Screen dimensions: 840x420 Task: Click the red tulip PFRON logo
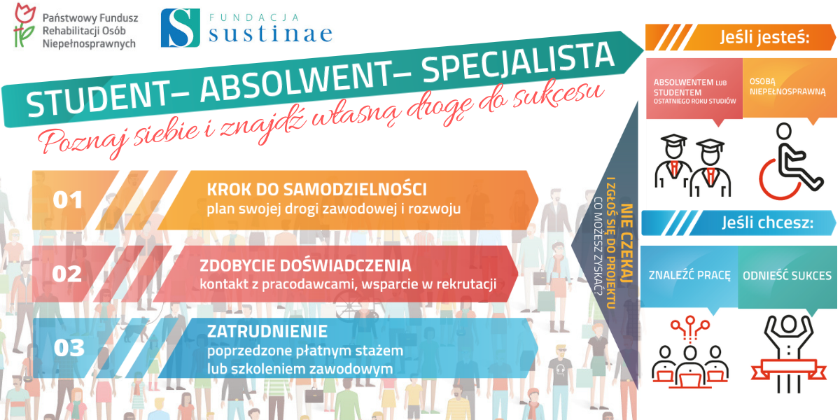[x=24, y=24]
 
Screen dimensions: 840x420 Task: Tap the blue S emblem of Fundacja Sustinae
[x=181, y=28]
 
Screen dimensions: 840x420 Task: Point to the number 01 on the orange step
[x=67, y=200]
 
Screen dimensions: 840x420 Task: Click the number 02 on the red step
[x=66, y=274]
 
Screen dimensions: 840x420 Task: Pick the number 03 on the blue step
[x=69, y=348]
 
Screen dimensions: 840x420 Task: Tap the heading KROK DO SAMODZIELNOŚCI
[x=317, y=190]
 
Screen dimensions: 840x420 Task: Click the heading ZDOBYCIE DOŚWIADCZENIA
[x=305, y=265]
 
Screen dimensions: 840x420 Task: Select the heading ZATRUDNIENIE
[x=267, y=332]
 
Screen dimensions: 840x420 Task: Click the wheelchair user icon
[x=791, y=161]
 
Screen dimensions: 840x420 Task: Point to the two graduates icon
[x=692, y=165]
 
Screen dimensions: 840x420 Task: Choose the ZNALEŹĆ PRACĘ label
[x=689, y=275]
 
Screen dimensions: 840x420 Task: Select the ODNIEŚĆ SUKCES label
[x=787, y=276]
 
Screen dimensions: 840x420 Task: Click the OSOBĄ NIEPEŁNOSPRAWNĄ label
[x=787, y=87]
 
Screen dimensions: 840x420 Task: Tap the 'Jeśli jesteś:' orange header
[x=765, y=37]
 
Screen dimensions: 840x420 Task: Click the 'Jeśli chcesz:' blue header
[x=768, y=223]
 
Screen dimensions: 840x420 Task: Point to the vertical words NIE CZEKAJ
[x=627, y=243]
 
